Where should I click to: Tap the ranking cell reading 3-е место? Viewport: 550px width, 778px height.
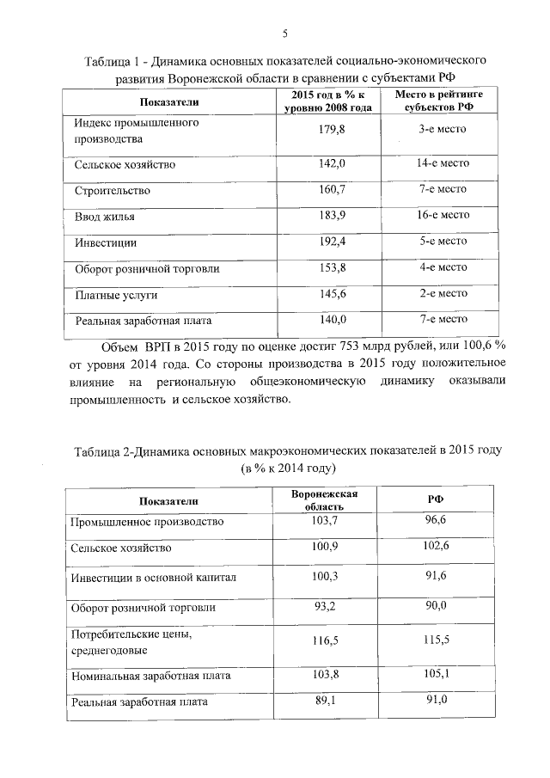(x=443, y=129)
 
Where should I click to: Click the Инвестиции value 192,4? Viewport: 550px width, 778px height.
(x=331, y=242)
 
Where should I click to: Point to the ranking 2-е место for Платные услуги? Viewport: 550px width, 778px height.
(x=443, y=294)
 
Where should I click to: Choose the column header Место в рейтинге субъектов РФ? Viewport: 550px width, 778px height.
(x=439, y=100)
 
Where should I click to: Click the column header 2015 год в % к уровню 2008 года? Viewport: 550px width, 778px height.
(x=327, y=100)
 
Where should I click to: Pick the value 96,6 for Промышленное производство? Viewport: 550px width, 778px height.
(x=437, y=521)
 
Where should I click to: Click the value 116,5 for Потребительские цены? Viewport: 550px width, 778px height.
(x=324, y=641)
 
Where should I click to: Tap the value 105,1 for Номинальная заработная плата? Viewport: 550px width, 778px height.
(x=437, y=676)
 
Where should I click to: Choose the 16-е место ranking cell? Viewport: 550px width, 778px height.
(x=443, y=216)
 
